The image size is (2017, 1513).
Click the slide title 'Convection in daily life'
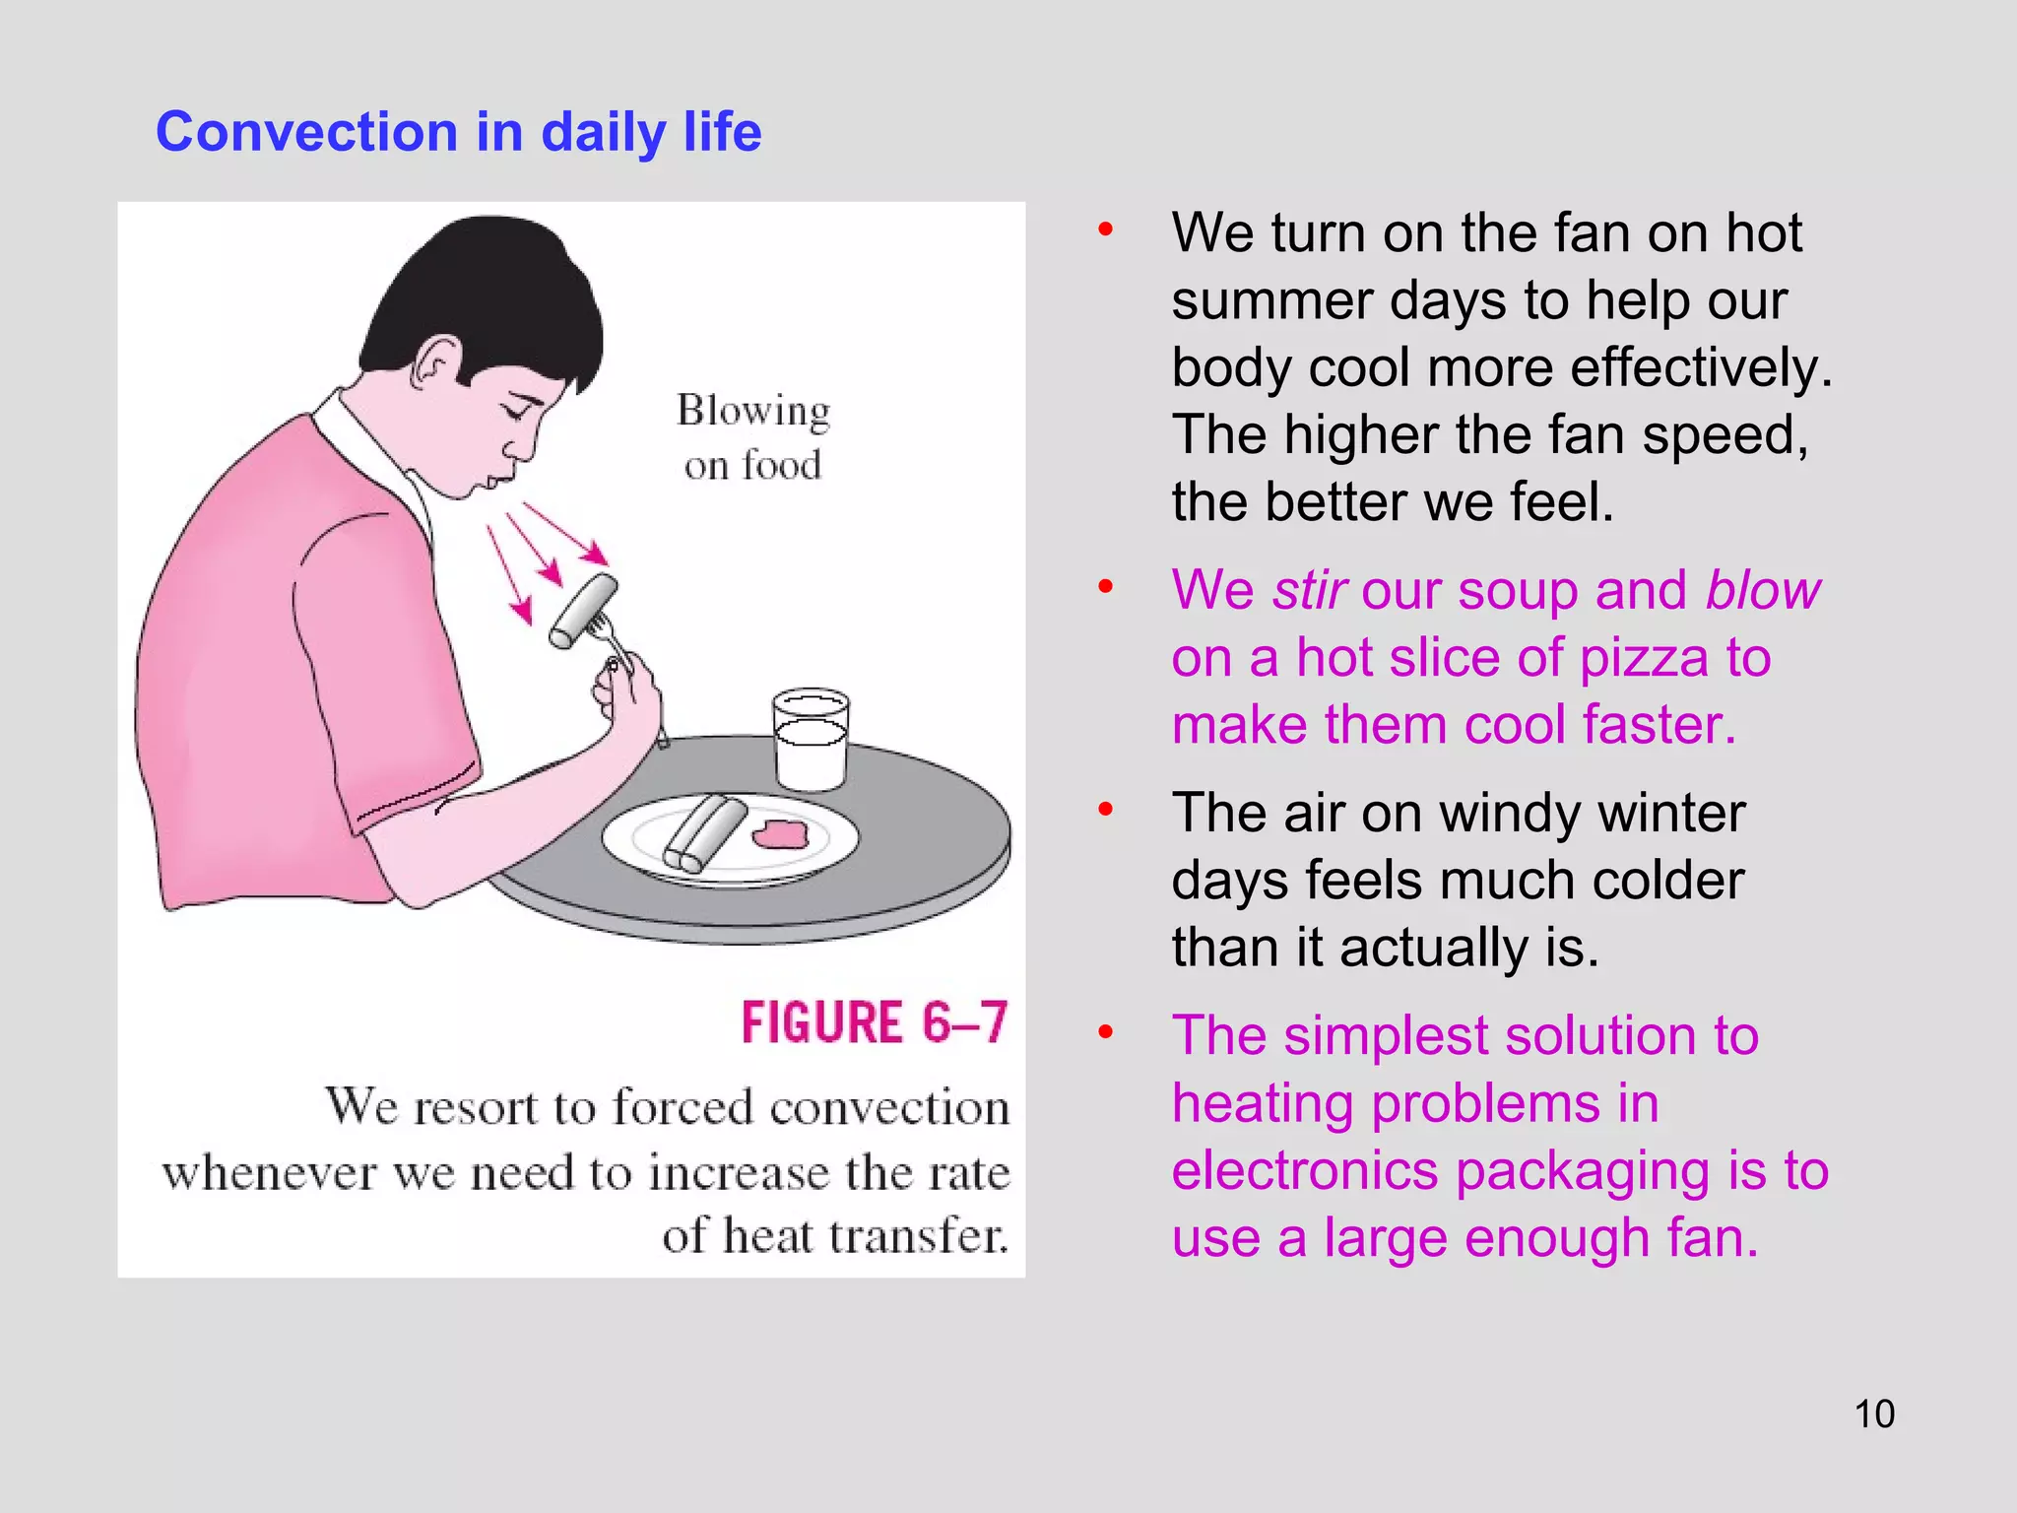pos(458,132)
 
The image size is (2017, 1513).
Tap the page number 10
pos(1874,1414)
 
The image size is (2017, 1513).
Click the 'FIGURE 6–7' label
pos(875,1022)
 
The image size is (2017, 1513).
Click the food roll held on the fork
pos(584,611)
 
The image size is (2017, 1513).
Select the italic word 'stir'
pos(1309,591)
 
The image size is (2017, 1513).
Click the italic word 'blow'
pos(1763,591)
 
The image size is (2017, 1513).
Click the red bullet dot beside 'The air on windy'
pos(1106,810)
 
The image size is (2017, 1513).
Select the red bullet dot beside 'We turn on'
pos(1106,230)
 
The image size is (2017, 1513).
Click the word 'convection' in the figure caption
pos(889,1107)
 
